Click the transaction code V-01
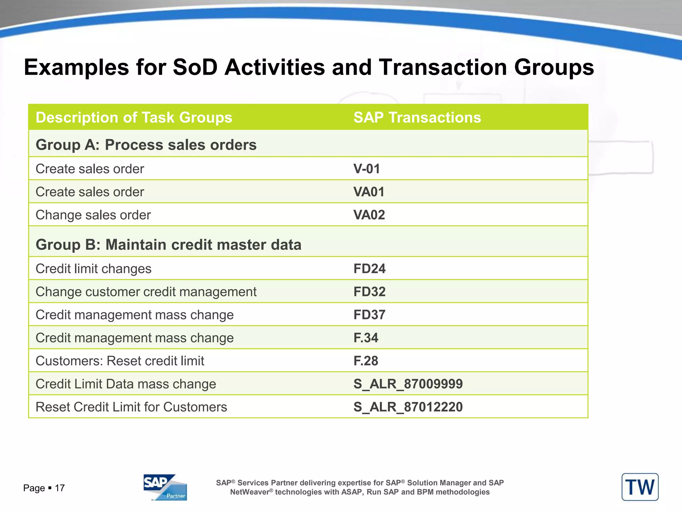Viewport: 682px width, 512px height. (367, 169)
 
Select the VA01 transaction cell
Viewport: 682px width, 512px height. (369, 192)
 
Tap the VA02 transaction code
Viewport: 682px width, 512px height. (369, 215)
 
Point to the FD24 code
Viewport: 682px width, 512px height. (369, 268)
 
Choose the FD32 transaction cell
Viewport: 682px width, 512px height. (369, 291)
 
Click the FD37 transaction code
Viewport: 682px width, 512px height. (369, 314)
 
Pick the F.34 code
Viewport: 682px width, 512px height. (366, 338)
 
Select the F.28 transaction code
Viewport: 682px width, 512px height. (366, 361)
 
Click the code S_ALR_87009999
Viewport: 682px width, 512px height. (408, 384)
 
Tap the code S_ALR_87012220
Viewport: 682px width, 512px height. (408, 407)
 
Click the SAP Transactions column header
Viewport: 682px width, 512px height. (417, 117)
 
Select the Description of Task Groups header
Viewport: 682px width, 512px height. (134, 117)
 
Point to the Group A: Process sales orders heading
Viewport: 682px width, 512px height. (146, 145)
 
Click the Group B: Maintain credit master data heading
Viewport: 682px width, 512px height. (169, 244)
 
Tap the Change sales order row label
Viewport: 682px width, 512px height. (93, 215)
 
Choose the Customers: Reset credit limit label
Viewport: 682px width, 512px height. (120, 361)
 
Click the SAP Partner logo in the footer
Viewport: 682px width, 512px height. (165, 487)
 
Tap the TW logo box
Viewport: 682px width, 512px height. (640, 487)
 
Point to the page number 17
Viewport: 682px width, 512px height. (60, 488)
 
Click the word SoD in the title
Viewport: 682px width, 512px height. (195, 67)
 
